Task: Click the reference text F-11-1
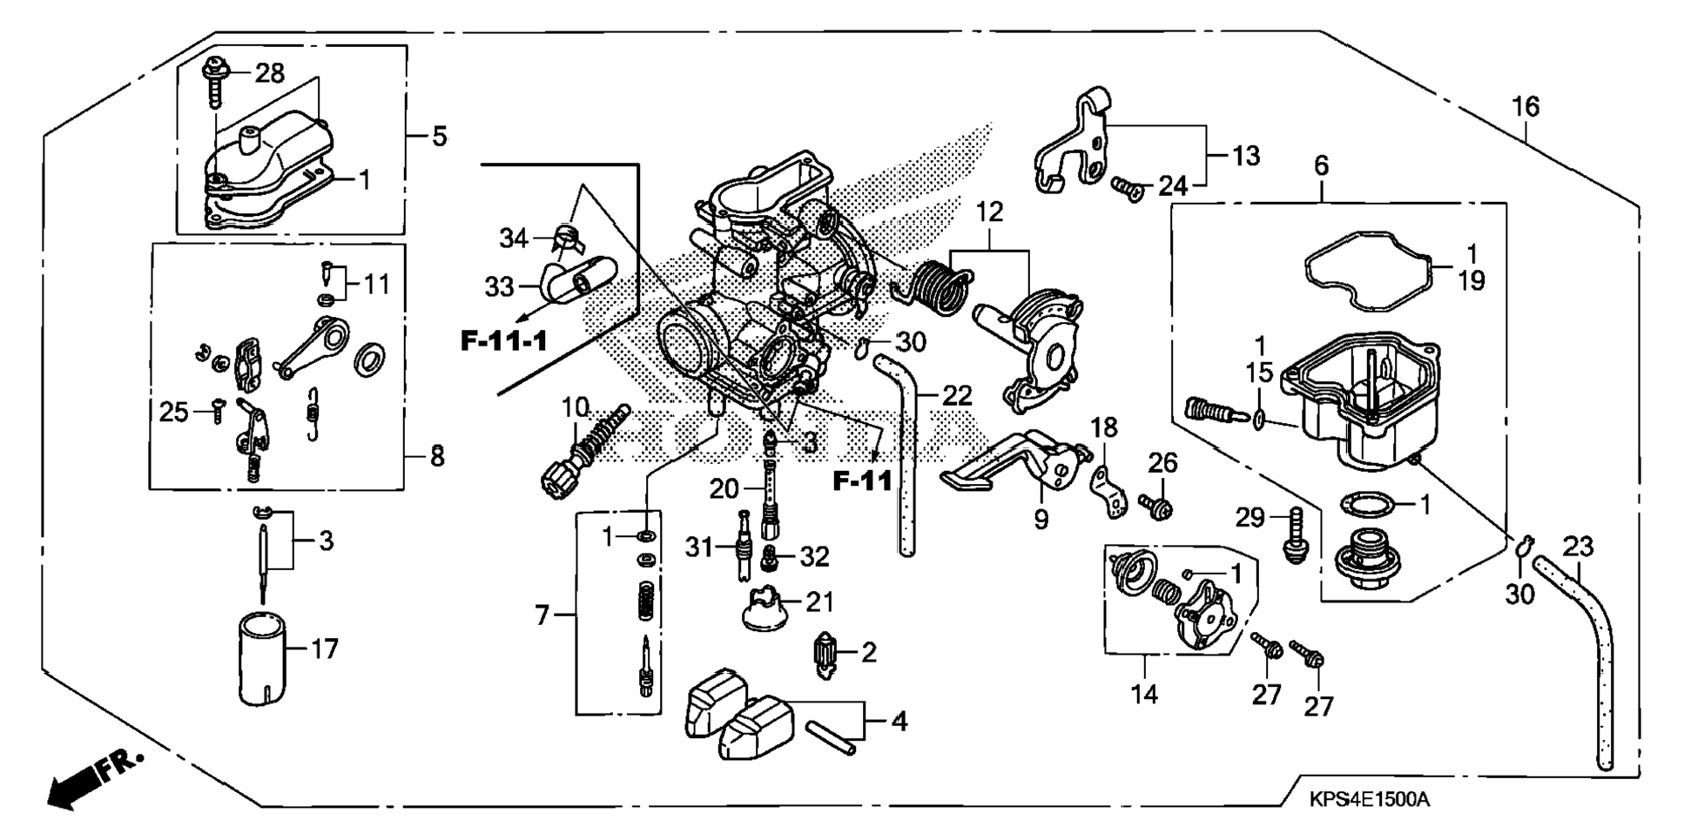click(x=504, y=340)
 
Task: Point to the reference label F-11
click(x=863, y=480)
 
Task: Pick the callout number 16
click(x=1525, y=107)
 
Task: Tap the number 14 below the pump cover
click(x=1145, y=694)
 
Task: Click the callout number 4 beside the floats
click(x=899, y=722)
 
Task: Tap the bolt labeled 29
click(x=1295, y=535)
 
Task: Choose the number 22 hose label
click(x=957, y=396)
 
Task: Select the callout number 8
click(x=436, y=455)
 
